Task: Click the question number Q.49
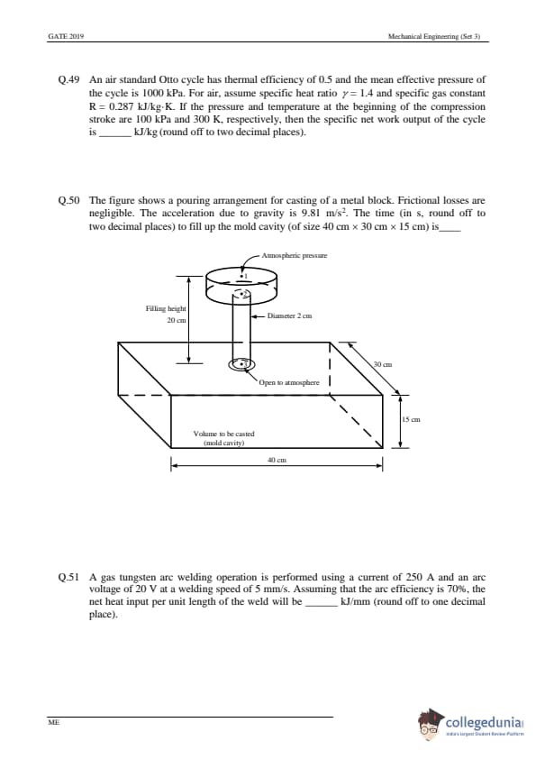(68, 79)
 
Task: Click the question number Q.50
(68, 200)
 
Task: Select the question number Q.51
(68, 578)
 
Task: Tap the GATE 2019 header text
(67, 36)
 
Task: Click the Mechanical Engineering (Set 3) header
(434, 36)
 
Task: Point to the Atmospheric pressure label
(294, 255)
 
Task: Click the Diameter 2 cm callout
(289, 316)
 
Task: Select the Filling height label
(166, 308)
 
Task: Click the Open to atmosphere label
(289, 382)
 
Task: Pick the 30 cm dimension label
(383, 364)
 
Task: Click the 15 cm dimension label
(411, 420)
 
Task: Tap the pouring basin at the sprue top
(241, 285)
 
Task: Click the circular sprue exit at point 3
(242, 363)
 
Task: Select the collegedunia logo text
(485, 723)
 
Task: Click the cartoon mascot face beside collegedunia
(430, 725)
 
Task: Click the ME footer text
(53, 722)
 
